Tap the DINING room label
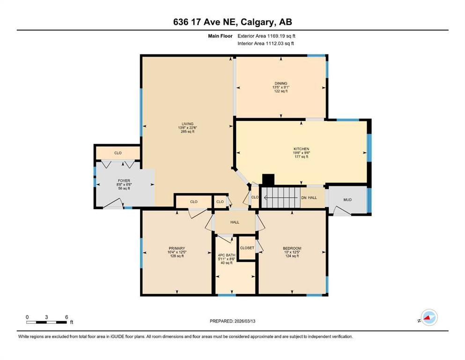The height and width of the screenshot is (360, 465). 280,83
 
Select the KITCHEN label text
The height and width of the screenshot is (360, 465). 301,149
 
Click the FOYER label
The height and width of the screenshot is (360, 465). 124,180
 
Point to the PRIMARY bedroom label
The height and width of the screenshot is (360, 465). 177,248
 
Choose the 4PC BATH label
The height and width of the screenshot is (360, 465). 227,255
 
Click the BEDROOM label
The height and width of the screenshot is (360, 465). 292,248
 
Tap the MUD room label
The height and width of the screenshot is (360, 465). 347,200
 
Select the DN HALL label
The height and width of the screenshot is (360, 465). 309,198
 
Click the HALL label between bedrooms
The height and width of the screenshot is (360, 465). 235,223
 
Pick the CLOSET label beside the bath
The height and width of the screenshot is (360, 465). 247,248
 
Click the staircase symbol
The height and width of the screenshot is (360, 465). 280,197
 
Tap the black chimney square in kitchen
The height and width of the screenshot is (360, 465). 268,180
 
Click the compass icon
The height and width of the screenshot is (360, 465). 428,318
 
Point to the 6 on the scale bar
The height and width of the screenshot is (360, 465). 67,317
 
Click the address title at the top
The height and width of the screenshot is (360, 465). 232,22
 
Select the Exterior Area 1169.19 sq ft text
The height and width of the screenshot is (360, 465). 266,36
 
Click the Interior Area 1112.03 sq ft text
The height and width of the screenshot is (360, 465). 266,44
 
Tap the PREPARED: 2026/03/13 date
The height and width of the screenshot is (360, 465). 232,321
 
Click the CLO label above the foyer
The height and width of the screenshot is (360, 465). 118,153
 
